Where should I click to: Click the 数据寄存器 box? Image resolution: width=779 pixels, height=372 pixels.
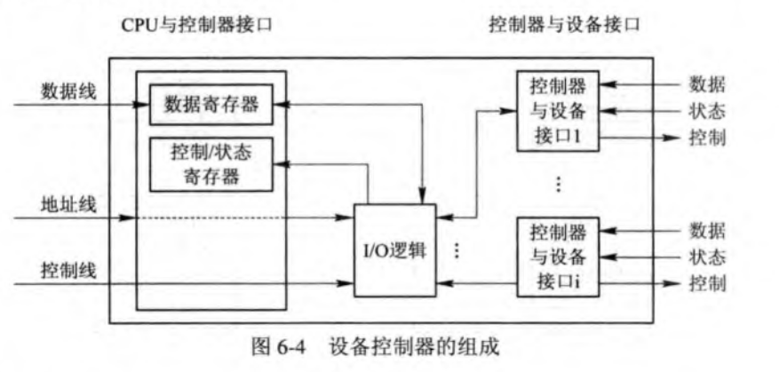coord(211,105)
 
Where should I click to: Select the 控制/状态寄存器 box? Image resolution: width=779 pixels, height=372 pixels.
coord(211,163)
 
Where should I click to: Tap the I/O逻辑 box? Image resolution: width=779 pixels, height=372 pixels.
coord(394,249)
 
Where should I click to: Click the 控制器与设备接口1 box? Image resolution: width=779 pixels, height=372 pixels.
coord(557,112)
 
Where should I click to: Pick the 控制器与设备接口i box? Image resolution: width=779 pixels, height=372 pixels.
coord(557,257)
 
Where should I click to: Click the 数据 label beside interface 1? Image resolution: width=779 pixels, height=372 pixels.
coord(707,85)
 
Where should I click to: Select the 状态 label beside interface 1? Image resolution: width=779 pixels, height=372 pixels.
coord(707,112)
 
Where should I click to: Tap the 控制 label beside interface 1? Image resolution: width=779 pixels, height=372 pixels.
coord(707,139)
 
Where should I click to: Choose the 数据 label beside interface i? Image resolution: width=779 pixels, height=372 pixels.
coord(707,231)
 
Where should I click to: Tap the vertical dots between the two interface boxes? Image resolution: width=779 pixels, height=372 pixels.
coord(557,183)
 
